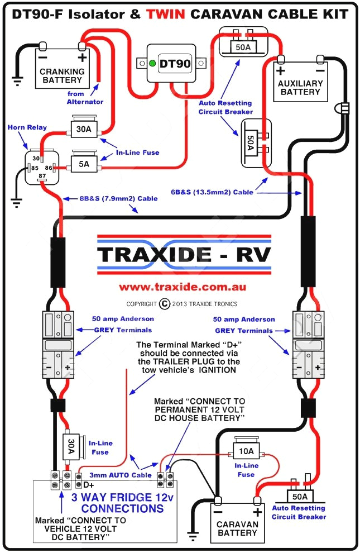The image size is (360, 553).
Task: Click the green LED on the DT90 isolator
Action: pyautogui.click(x=152, y=64)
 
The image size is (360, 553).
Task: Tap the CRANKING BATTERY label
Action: pyautogui.click(x=63, y=76)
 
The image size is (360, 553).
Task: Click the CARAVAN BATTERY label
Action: pyautogui.click(x=237, y=528)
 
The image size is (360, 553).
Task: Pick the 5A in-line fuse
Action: pyautogui.click(x=84, y=164)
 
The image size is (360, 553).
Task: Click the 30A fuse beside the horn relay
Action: pyautogui.click(x=84, y=130)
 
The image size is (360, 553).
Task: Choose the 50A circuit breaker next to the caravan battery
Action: pyautogui.click(x=300, y=496)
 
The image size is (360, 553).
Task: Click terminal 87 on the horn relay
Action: pyautogui.click(x=41, y=177)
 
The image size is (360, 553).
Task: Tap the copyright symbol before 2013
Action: pyautogui.click(x=164, y=304)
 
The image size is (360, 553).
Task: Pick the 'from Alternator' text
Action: pyautogui.click(x=85, y=98)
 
